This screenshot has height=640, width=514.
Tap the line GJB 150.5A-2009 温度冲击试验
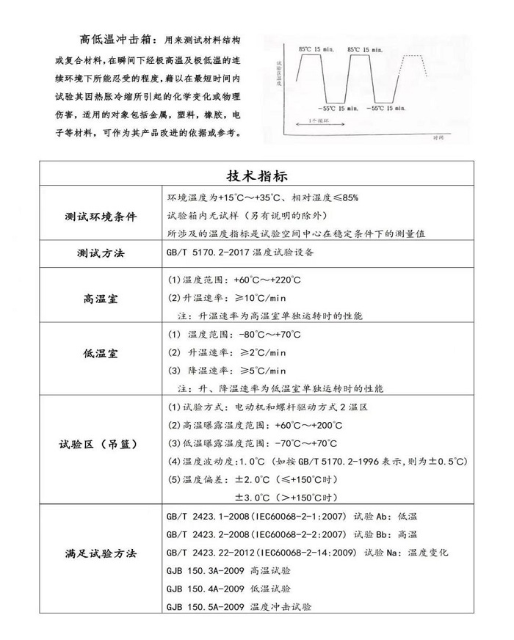pyautogui.click(x=239, y=607)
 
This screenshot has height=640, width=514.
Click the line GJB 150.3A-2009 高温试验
pyautogui.click(x=228, y=570)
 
